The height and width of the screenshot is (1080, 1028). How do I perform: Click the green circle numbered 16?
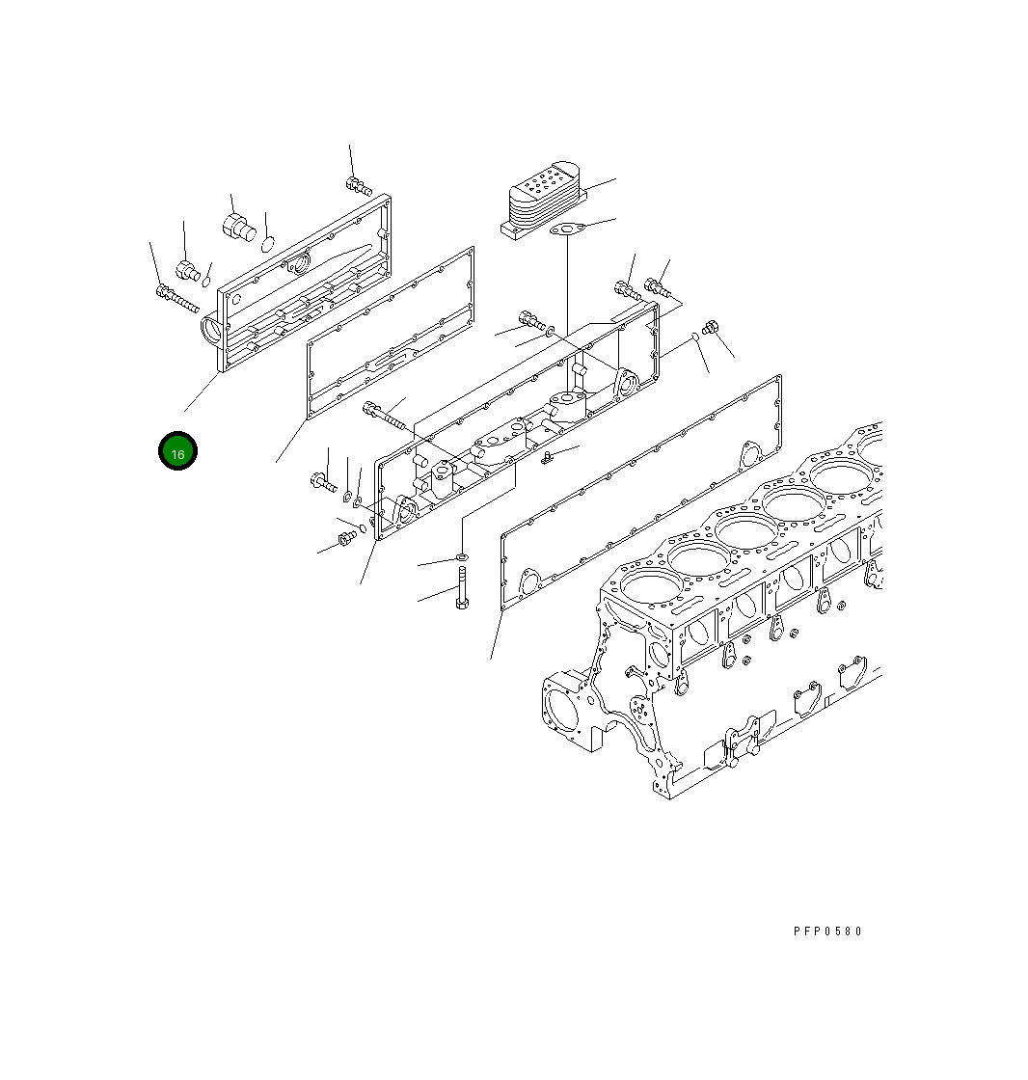click(177, 451)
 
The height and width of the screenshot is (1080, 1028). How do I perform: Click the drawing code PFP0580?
click(827, 931)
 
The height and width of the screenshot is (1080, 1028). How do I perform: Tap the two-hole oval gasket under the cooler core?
click(564, 229)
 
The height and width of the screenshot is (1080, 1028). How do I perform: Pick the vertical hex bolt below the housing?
click(461, 590)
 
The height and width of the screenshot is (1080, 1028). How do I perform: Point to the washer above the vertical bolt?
click(461, 558)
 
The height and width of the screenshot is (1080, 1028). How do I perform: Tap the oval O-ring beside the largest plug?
click(269, 242)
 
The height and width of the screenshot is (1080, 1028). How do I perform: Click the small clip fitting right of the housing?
click(547, 457)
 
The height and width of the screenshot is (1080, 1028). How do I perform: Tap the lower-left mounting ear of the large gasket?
click(528, 581)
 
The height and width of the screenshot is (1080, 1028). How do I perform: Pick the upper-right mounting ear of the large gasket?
click(747, 452)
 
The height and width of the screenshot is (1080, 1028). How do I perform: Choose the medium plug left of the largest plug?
click(188, 268)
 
